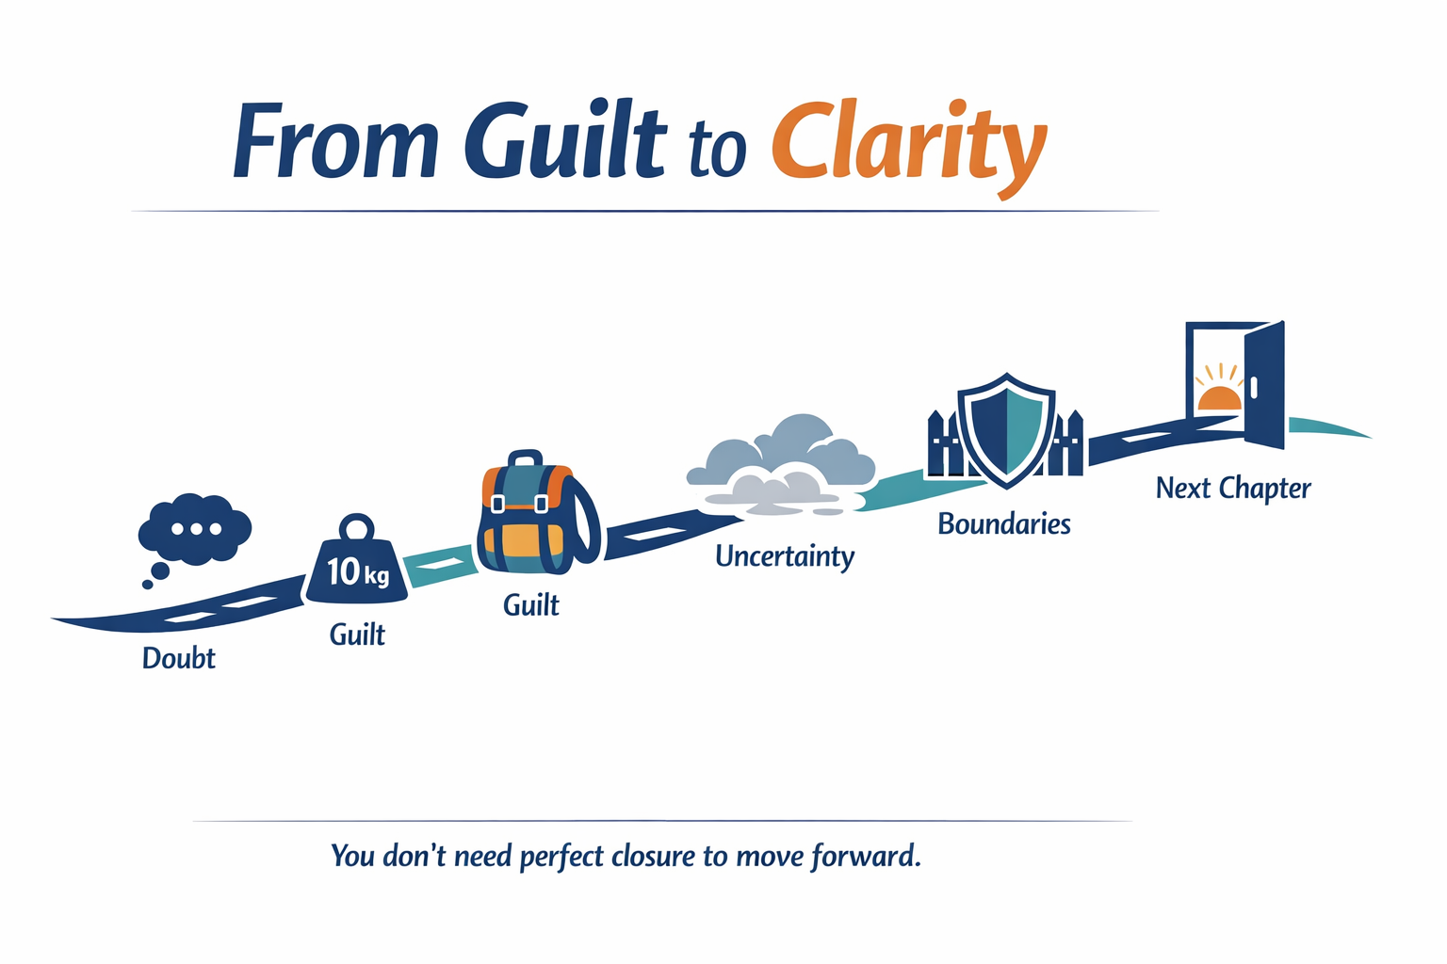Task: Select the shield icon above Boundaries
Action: pyautogui.click(x=1006, y=428)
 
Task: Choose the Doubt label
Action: pyautogui.click(x=178, y=658)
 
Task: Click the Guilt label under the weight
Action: pyautogui.click(x=357, y=635)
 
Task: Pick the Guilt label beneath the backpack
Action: pyautogui.click(x=530, y=604)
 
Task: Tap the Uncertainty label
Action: pyautogui.click(x=785, y=556)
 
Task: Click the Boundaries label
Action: pyautogui.click(x=1004, y=523)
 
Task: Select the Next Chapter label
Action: pyautogui.click(x=1233, y=489)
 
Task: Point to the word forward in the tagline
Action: pyautogui.click(x=866, y=856)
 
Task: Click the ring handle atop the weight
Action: pyautogui.click(x=357, y=526)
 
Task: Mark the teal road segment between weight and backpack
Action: pyautogui.click(x=439, y=565)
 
